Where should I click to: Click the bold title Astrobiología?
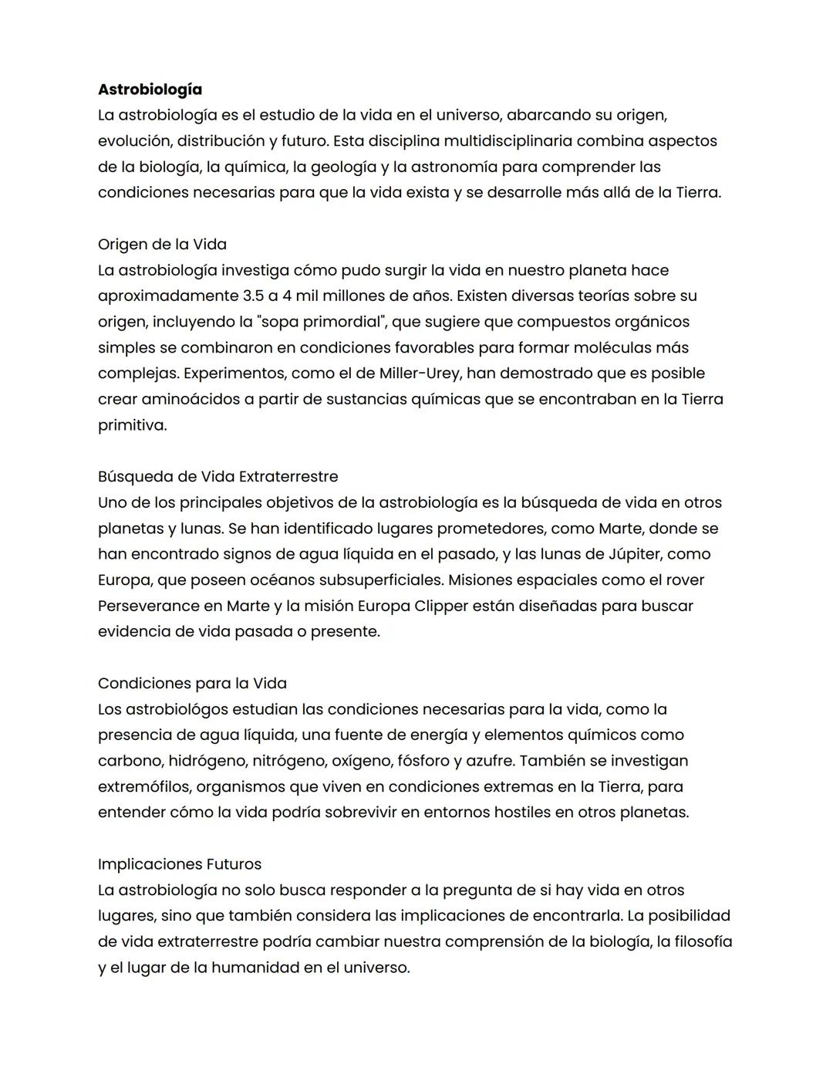click(x=150, y=90)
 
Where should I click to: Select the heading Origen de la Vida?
click(x=162, y=245)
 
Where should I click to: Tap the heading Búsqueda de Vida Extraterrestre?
click(x=218, y=477)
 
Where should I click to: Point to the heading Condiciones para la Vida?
click(x=192, y=684)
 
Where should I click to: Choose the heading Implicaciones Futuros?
click(x=180, y=864)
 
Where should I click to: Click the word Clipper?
click(x=441, y=606)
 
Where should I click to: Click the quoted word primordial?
click(x=339, y=322)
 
